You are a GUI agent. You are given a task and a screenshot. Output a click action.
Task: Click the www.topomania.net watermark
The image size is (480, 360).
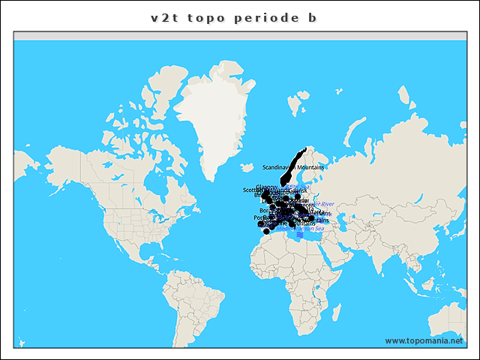point(424,340)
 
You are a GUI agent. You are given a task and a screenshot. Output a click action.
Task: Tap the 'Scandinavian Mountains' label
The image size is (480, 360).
point(293,166)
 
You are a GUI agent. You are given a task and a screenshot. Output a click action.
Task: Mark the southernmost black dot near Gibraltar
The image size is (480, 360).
point(265,232)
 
